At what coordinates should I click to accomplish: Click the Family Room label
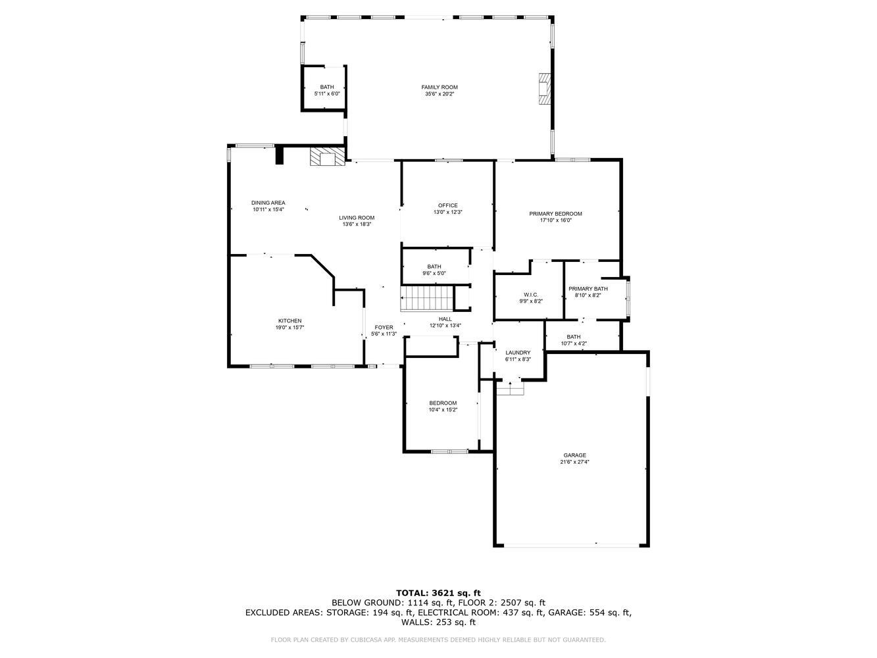pos(439,87)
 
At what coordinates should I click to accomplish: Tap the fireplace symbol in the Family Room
pos(543,89)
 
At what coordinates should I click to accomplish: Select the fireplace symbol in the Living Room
pos(327,157)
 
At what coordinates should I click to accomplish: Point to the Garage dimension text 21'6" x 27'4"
pos(574,462)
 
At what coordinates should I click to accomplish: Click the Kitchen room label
pos(289,321)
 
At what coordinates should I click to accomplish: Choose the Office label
pos(447,205)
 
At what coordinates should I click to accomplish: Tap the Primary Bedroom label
pos(556,214)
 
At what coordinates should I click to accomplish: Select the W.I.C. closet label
pos(531,294)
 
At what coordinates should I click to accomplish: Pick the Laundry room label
pos(518,353)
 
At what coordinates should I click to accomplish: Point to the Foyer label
pos(384,327)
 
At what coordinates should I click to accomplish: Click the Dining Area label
pos(268,203)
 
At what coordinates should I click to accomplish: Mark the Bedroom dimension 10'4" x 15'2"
pos(443,410)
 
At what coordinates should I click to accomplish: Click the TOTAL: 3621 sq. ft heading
pos(438,593)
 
